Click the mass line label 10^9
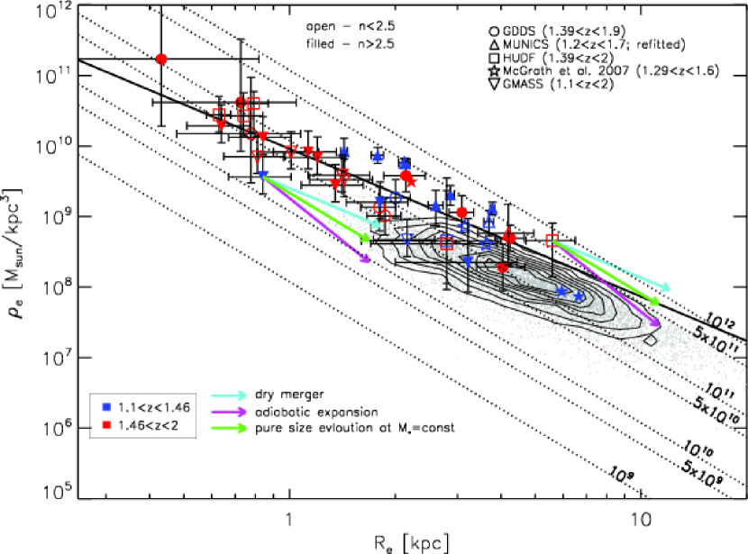621,472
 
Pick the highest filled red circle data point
161,59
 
